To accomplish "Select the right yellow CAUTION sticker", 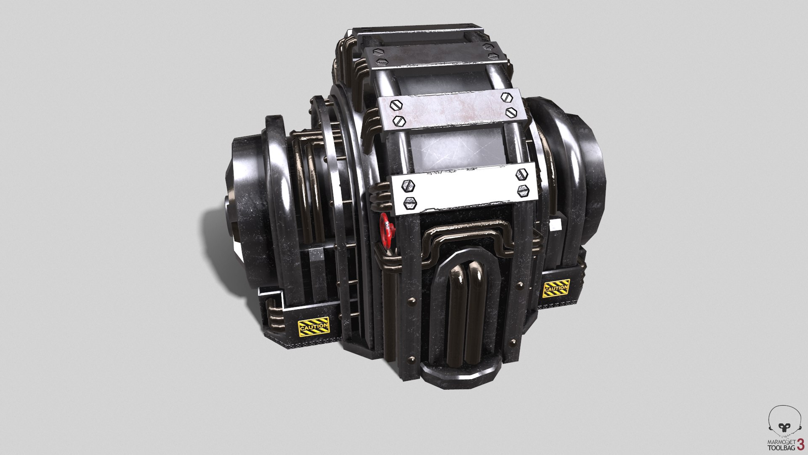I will point(556,289).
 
